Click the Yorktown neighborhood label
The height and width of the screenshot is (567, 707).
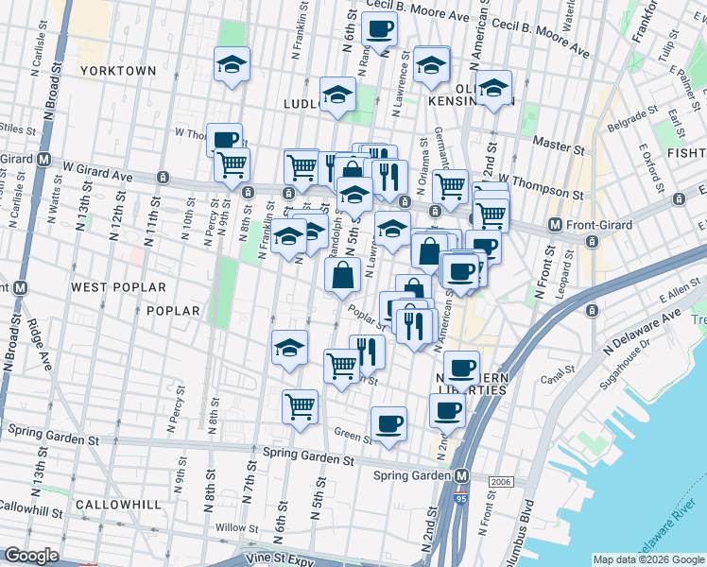pos(117,71)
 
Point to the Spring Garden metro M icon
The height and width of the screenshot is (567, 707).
pos(462,475)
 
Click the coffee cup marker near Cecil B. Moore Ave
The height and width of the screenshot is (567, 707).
pos(379,29)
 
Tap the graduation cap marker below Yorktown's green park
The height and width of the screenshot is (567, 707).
pos(232,65)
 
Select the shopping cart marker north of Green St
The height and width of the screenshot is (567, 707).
pos(300,407)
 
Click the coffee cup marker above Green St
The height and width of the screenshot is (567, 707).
pos(388,424)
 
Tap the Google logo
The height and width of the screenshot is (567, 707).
pos(31,556)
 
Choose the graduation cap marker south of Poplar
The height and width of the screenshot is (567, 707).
pos(289,347)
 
